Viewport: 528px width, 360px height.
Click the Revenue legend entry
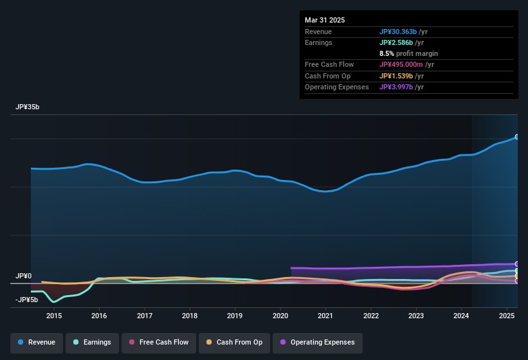point(37,342)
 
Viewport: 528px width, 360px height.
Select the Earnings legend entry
point(93,342)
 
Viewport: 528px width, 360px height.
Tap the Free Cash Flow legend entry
point(159,342)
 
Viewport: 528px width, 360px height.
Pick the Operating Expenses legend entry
point(317,342)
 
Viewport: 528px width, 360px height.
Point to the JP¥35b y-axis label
point(28,107)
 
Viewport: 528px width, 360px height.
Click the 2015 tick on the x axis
point(54,316)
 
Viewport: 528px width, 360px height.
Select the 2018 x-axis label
point(190,316)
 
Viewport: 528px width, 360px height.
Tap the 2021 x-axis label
point(325,316)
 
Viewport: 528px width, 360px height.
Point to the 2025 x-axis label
point(507,316)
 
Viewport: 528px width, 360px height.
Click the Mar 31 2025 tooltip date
point(325,20)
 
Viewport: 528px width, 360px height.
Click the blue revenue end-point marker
point(516,137)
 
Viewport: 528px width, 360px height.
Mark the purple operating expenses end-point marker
point(516,264)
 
